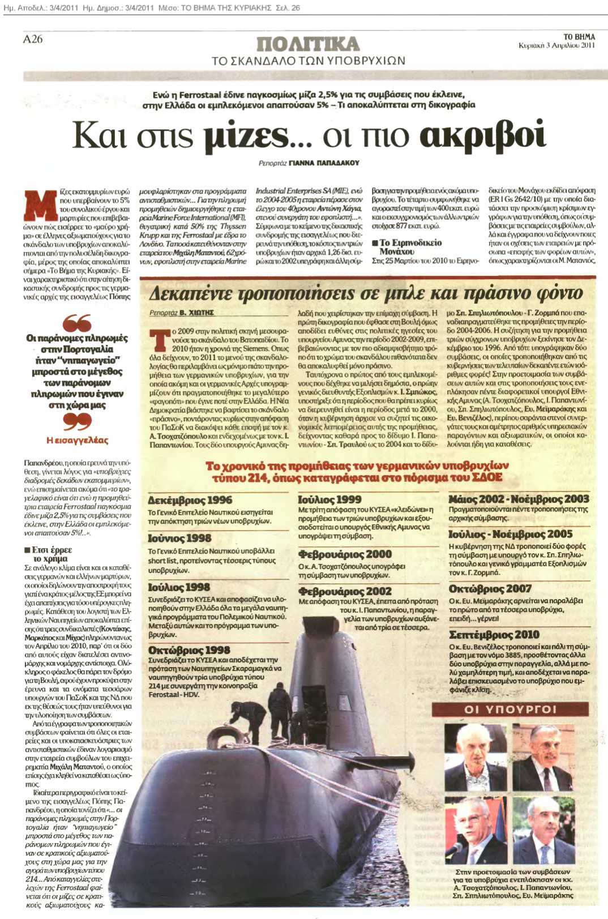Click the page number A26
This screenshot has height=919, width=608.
click(x=33, y=39)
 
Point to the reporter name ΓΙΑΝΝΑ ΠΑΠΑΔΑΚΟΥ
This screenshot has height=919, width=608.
click(x=324, y=163)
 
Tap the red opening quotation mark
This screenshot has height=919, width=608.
click(x=76, y=323)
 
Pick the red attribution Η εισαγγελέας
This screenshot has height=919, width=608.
click(x=77, y=440)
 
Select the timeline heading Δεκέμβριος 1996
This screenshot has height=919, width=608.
click(x=190, y=500)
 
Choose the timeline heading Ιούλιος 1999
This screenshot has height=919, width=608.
click(x=329, y=499)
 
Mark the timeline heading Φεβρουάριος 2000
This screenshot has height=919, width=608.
click(x=345, y=554)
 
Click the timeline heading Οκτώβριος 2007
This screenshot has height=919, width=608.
click(x=490, y=588)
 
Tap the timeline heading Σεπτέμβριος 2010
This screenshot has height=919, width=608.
click(x=494, y=634)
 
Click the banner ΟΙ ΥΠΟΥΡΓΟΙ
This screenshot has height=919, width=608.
click(x=510, y=709)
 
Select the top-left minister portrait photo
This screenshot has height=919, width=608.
click(x=477, y=756)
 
